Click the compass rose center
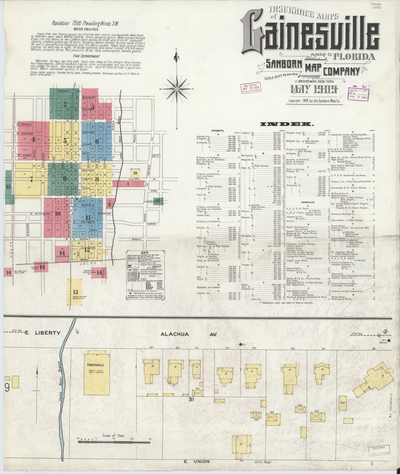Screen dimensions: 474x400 coord(176,89)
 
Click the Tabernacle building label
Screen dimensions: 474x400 coord(95,365)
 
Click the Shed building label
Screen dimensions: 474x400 coord(342,402)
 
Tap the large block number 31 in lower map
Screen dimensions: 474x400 coord(191,399)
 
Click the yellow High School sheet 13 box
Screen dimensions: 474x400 coord(135,173)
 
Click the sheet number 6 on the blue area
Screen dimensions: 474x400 coord(97,141)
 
